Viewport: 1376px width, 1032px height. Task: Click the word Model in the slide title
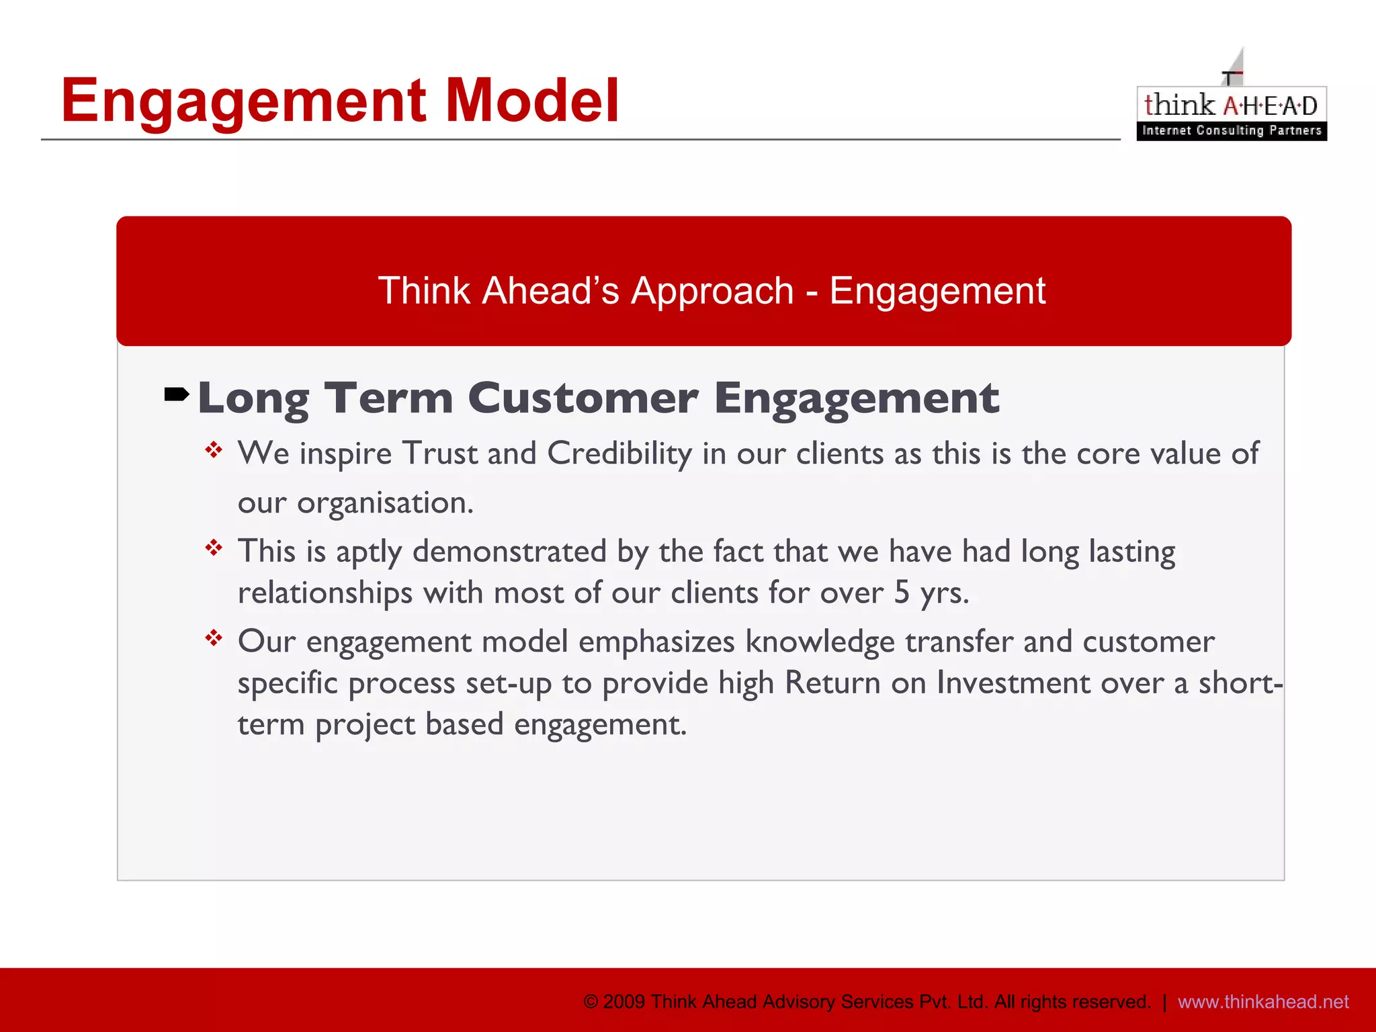pos(531,101)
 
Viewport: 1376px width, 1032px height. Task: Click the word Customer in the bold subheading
pos(583,398)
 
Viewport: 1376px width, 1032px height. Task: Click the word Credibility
pos(619,454)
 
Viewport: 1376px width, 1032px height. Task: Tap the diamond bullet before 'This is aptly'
pos(214,548)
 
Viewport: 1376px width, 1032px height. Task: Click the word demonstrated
pos(509,552)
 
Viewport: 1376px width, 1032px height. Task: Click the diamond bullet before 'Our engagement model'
pos(214,638)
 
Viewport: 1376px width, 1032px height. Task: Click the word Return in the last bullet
pos(832,683)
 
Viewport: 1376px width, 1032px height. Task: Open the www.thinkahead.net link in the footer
pos(1262,1002)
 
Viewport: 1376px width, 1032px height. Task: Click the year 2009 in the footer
pos(624,1002)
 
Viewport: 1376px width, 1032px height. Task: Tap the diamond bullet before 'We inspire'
pos(214,449)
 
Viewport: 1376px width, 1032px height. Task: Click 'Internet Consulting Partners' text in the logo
pos(1231,130)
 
